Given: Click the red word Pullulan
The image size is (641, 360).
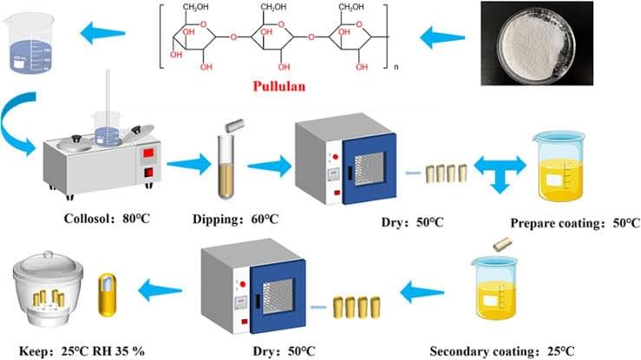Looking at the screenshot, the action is point(278,86).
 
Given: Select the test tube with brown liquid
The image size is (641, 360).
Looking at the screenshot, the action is point(226,167).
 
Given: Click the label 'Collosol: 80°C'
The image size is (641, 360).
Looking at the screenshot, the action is point(107,219).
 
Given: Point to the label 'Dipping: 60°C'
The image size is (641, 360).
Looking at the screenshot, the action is point(235,219).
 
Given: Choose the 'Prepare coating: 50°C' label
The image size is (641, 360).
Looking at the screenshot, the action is point(575,223).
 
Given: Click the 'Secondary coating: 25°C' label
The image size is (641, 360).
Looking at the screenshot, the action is point(502,351).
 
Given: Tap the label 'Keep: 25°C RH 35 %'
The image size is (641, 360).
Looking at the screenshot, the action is point(82,351).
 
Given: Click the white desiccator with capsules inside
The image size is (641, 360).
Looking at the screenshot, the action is point(49,288).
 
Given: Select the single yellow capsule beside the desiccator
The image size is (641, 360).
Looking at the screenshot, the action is point(107,295).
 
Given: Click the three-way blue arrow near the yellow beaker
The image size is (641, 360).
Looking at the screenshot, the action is point(500,172).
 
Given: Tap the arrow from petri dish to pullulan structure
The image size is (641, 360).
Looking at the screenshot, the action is point(442,38).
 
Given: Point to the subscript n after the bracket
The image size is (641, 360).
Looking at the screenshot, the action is point(396,67).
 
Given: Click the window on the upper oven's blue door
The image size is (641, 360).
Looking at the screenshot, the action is point(370,169).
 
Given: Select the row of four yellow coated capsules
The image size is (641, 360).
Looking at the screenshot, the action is point(356,307).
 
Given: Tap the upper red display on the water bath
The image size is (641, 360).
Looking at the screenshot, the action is point(148,154).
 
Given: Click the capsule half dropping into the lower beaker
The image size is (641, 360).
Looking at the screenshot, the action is point(502,244).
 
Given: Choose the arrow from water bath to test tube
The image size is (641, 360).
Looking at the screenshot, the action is point(188,164).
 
